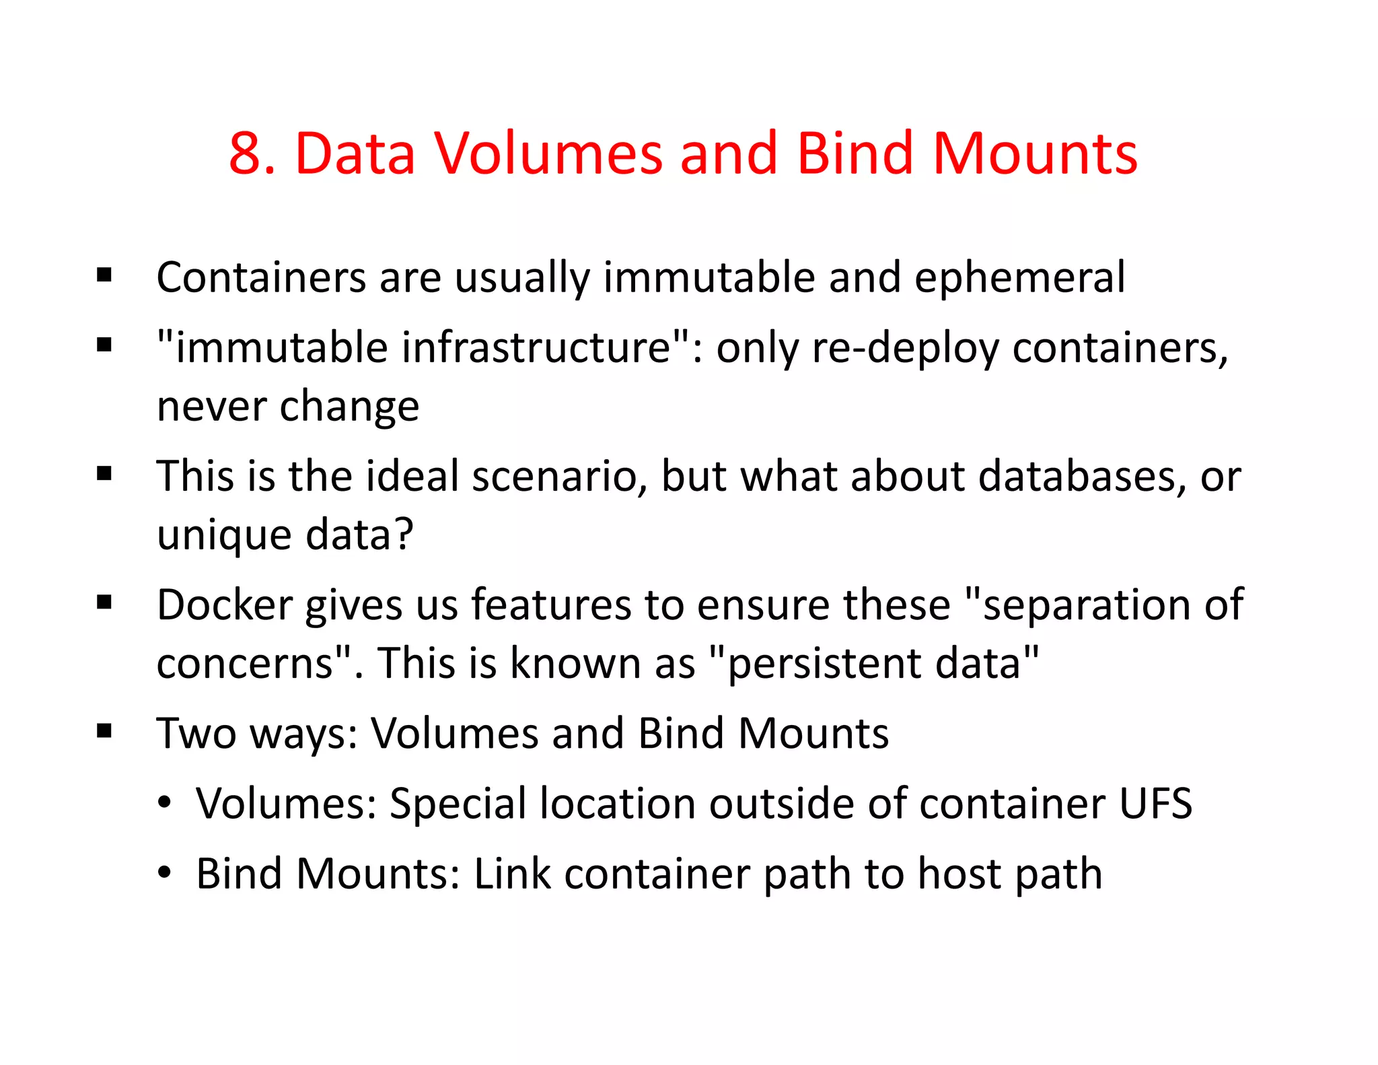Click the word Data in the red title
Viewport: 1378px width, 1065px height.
coord(355,153)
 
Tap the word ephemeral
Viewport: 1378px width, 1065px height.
coord(1019,277)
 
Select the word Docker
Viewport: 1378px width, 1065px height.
coord(224,605)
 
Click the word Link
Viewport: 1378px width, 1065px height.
coord(512,874)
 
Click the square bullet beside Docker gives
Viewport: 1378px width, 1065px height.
coord(104,602)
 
